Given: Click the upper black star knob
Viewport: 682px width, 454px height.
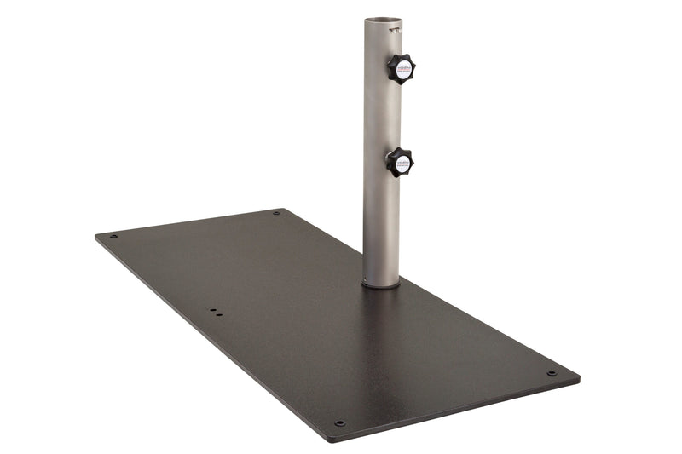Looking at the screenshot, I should pyautogui.click(x=400, y=68).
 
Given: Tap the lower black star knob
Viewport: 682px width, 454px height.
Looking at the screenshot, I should pyautogui.click(x=399, y=161).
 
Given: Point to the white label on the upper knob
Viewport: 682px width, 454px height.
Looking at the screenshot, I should pyautogui.click(x=403, y=68).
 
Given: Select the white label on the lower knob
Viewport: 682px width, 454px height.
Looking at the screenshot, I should pyautogui.click(x=402, y=161).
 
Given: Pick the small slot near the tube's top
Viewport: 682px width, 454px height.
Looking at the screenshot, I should pyautogui.click(x=394, y=30).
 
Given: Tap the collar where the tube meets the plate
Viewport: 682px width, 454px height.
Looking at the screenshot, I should pyautogui.click(x=381, y=284).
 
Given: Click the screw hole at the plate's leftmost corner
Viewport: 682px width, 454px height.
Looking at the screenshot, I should pyautogui.click(x=113, y=236).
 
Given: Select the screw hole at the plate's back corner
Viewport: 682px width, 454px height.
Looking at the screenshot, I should pyautogui.click(x=276, y=213).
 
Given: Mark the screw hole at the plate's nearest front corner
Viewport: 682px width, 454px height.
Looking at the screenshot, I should pyautogui.click(x=339, y=422).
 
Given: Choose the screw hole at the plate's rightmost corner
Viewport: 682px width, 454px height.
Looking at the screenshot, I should pyautogui.click(x=552, y=373).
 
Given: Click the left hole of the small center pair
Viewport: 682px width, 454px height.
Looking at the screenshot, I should pyautogui.click(x=211, y=311).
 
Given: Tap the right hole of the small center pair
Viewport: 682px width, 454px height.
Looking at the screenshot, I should pyautogui.click(x=219, y=314).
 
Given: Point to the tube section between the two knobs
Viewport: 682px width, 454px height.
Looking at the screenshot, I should pyautogui.click(x=381, y=115).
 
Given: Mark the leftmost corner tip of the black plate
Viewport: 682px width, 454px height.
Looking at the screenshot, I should pyautogui.click(x=95, y=236).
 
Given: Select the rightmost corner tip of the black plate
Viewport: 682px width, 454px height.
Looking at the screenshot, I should pyautogui.click(x=580, y=376).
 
